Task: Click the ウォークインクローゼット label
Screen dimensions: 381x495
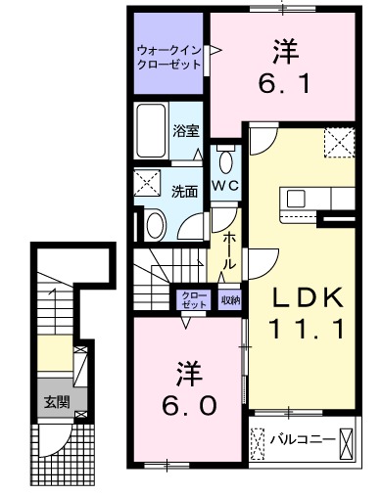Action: tap(168, 57)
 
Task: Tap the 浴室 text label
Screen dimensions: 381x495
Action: tap(186, 131)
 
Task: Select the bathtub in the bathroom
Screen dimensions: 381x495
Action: tap(151, 131)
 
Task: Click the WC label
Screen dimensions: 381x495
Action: tap(226, 186)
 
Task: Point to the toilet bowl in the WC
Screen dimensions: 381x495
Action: tap(226, 160)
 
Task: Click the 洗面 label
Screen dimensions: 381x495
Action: tap(185, 192)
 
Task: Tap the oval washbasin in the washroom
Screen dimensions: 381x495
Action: tap(156, 224)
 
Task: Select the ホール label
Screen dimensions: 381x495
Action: tap(229, 251)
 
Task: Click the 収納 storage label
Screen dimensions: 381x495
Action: tap(230, 300)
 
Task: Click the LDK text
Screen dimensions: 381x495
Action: tap(308, 297)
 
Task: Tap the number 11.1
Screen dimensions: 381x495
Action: tap(307, 329)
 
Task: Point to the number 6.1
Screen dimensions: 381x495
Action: tap(283, 83)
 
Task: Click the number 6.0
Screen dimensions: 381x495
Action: tap(189, 406)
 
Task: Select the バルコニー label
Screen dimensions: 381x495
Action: tap(303, 440)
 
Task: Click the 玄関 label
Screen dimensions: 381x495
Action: tap(58, 402)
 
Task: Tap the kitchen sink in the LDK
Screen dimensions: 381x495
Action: tap(296, 199)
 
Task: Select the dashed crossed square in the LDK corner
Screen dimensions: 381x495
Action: tap(339, 143)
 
